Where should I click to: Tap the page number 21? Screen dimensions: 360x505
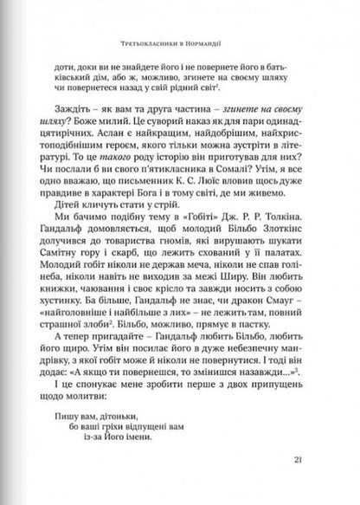click(x=305, y=457)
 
